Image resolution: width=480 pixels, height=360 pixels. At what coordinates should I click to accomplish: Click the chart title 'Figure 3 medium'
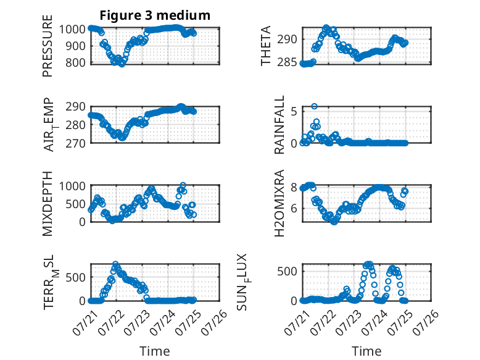pos(155,15)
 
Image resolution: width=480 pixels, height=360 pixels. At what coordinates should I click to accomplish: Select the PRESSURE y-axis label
pos(48,46)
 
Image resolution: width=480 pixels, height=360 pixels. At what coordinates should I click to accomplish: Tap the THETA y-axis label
pos(266,46)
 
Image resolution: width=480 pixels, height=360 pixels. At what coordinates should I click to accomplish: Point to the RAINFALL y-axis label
pos(279,125)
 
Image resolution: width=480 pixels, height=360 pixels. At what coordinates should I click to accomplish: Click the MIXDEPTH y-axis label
pos(48,204)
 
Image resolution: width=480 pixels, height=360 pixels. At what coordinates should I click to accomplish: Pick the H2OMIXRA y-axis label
pos(279,203)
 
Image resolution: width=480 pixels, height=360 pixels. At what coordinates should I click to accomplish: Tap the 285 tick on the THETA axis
pos(287,62)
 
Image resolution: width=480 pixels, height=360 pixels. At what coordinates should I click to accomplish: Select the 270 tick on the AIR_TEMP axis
pos(76,143)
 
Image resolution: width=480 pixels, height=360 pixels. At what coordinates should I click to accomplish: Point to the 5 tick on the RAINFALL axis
pos(294,112)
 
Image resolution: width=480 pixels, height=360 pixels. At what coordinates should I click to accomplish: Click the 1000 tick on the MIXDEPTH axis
pos(72,186)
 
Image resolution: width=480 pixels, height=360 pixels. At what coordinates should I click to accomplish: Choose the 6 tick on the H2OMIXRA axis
pos(294,209)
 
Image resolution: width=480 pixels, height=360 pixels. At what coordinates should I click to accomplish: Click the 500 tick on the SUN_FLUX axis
pos(287,272)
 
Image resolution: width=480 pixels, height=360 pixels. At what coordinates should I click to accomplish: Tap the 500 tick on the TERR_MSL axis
pos(76,278)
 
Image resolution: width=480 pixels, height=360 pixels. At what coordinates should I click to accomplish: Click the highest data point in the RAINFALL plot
pos(315,106)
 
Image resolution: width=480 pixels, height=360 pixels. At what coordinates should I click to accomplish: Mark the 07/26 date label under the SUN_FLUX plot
pos(426,322)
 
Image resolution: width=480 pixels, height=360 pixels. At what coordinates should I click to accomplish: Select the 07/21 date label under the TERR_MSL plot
pos(85,322)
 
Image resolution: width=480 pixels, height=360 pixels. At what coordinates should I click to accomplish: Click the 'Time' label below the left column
pos(155,351)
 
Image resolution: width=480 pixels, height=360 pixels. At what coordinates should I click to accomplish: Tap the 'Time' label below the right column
pos(366,351)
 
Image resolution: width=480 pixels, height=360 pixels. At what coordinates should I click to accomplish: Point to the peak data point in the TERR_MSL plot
pos(115,264)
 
